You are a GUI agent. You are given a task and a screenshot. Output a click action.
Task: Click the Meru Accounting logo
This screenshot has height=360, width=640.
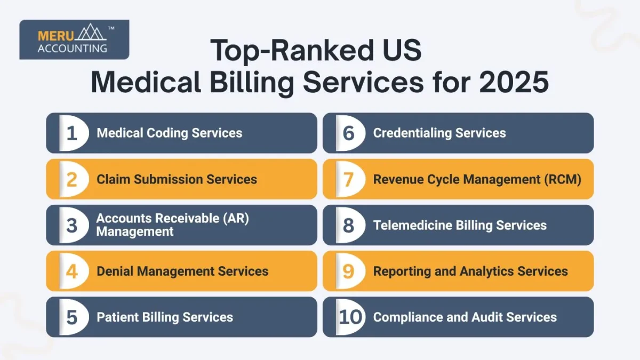click(74, 39)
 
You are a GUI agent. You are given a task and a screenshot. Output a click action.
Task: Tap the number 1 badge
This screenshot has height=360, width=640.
click(72, 133)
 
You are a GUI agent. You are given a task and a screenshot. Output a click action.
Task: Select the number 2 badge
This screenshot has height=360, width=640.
click(72, 179)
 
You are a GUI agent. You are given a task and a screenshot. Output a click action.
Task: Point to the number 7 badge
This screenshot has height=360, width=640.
click(348, 179)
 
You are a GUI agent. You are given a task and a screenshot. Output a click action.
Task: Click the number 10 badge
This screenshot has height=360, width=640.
click(350, 317)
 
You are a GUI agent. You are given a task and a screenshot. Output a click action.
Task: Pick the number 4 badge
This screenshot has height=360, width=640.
click(72, 271)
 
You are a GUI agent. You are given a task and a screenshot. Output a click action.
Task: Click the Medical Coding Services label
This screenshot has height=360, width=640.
click(169, 133)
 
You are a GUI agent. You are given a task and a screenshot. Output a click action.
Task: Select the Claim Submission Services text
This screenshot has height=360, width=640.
click(177, 179)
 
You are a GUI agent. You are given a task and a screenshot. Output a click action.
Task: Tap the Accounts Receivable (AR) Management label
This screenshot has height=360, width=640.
click(172, 225)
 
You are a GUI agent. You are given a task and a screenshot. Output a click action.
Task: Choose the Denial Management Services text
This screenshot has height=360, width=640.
click(182, 271)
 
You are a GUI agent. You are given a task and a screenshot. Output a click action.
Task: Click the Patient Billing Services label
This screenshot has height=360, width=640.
click(165, 317)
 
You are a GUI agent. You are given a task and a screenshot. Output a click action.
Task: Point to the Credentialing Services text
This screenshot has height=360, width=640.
click(439, 133)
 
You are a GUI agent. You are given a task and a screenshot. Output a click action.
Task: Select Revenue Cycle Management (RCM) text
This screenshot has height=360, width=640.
click(477, 179)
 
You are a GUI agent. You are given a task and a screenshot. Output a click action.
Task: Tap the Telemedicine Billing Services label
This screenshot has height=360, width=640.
click(460, 225)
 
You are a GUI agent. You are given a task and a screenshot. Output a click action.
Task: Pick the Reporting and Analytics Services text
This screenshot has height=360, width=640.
click(470, 271)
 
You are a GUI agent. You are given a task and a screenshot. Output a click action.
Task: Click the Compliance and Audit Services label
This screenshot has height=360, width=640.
click(465, 317)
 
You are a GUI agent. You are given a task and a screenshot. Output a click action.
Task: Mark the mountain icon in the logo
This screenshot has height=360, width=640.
click(91, 33)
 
